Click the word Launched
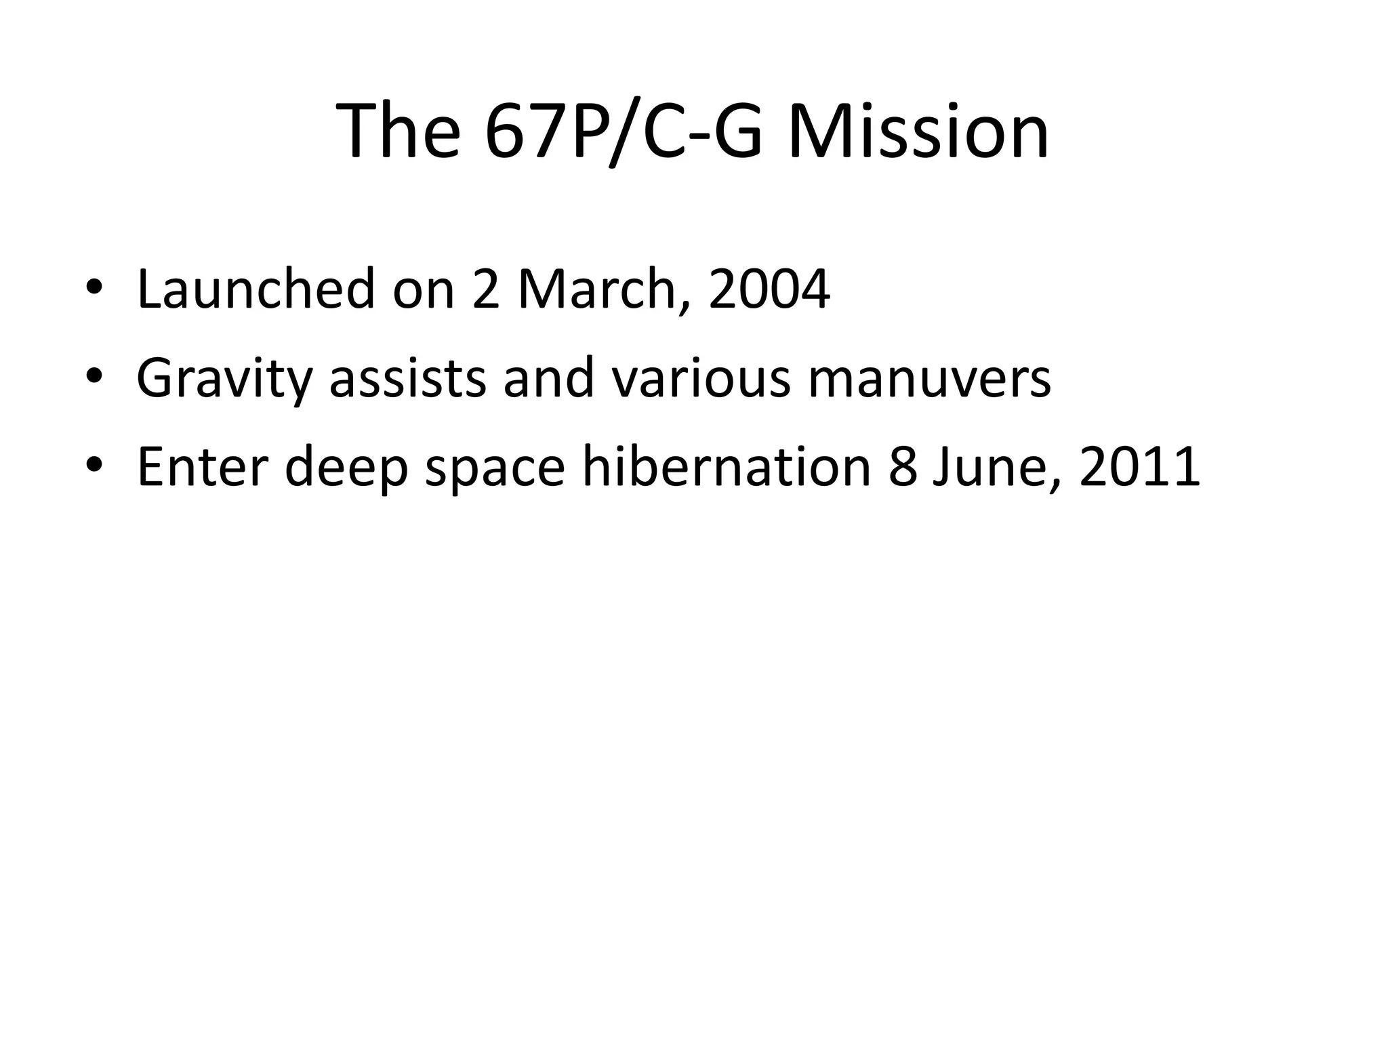(x=256, y=289)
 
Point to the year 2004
(x=769, y=289)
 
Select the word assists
(x=407, y=378)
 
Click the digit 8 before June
(x=902, y=467)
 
